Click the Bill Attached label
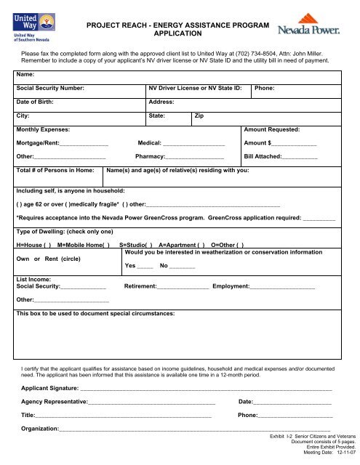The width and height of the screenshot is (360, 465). click(263, 157)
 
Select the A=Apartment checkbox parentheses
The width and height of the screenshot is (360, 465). click(199, 245)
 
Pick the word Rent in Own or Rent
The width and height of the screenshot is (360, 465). click(54, 258)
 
